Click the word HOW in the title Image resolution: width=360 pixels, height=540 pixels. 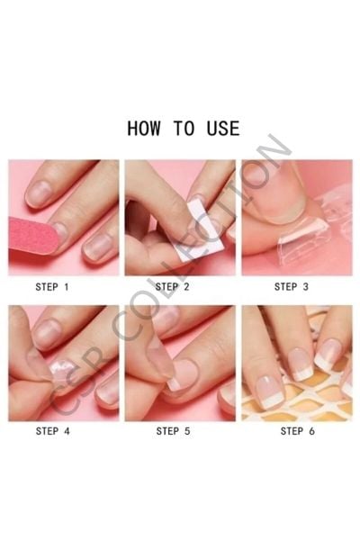click(x=144, y=128)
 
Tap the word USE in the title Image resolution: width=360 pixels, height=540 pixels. click(x=223, y=128)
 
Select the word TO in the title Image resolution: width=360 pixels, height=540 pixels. click(x=184, y=128)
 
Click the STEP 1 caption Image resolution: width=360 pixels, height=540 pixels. click(x=52, y=286)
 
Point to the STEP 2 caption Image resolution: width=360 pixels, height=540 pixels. click(x=172, y=286)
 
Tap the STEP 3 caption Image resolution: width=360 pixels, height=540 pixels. click(x=292, y=286)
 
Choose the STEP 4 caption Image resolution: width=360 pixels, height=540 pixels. click(x=53, y=431)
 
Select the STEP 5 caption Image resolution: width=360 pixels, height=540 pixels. click(x=174, y=431)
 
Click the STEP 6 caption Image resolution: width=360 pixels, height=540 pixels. click(x=298, y=431)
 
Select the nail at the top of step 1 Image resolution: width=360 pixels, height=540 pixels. click(x=40, y=193)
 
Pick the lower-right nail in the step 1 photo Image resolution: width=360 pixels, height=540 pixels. click(x=97, y=247)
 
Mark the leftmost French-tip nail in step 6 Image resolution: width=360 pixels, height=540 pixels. click(x=271, y=391)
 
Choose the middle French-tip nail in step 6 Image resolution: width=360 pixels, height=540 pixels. click(x=301, y=364)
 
